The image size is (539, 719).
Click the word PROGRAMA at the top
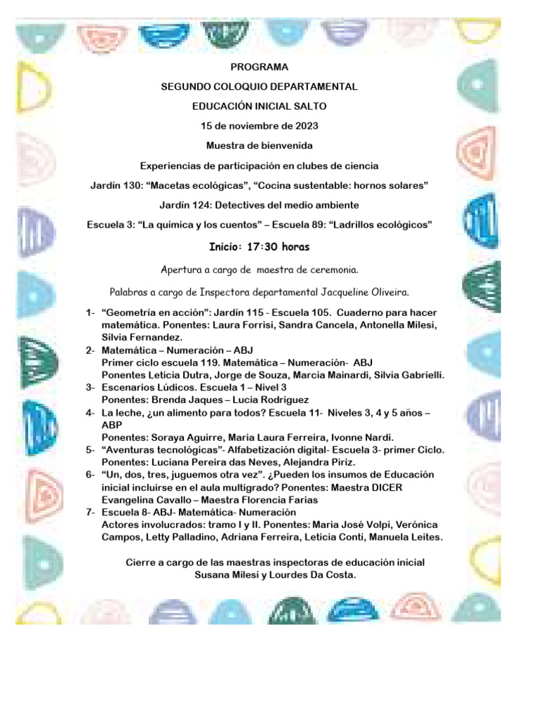click(x=259, y=67)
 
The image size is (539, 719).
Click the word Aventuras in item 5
click(x=135, y=449)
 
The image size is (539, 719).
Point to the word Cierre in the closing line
click(x=140, y=562)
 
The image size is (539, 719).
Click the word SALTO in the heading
click(x=310, y=106)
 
